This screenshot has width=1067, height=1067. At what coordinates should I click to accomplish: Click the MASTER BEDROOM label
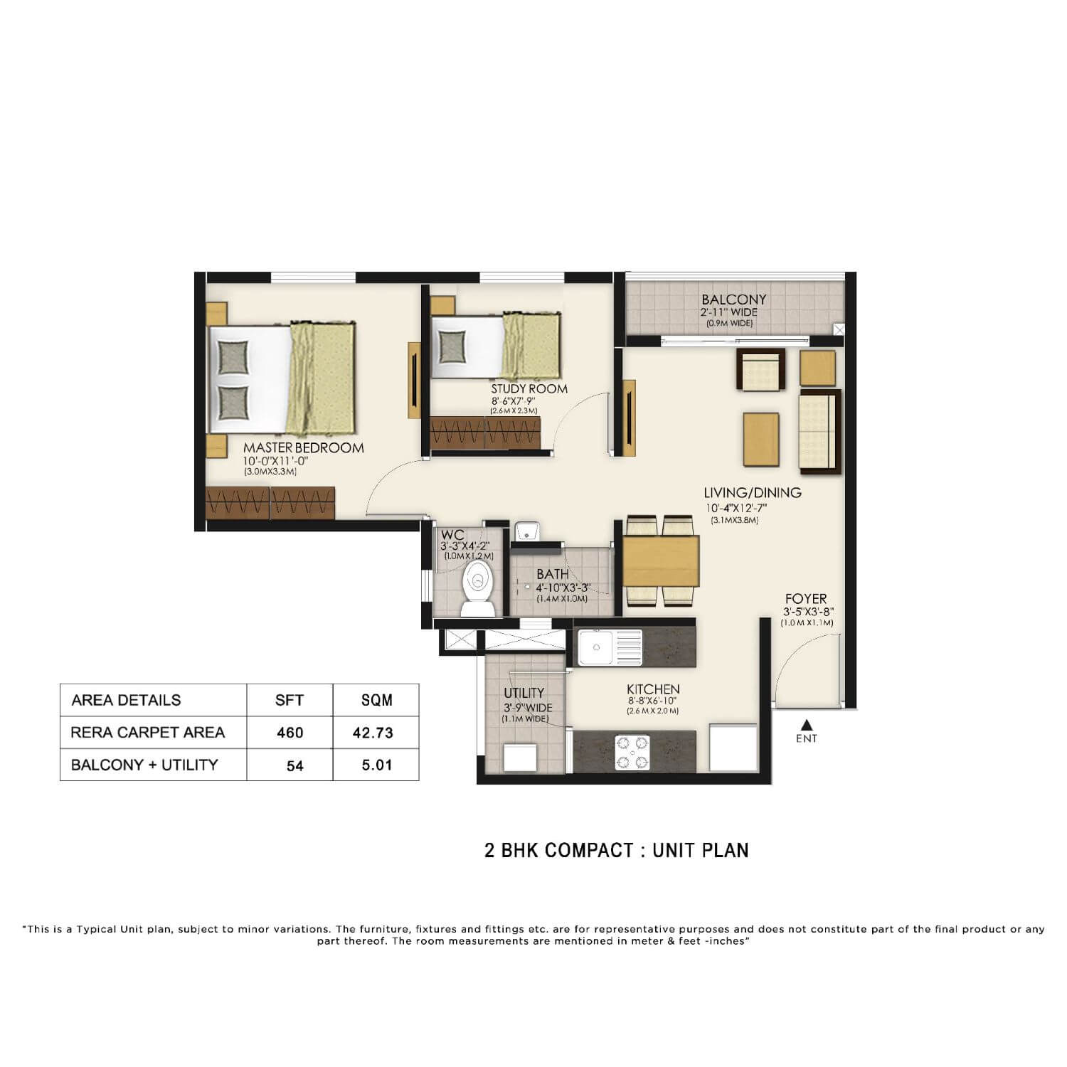(304, 448)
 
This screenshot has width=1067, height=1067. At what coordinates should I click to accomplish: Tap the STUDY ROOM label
(529, 389)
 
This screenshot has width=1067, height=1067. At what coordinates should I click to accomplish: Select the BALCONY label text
(734, 300)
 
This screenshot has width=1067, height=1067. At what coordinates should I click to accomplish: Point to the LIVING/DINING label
(753, 492)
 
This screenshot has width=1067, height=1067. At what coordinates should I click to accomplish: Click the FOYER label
(806, 599)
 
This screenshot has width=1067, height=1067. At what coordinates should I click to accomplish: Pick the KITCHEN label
(653, 689)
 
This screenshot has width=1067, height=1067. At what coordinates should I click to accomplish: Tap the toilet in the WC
(478, 588)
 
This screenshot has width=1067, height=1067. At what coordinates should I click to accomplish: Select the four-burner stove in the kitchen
(632, 753)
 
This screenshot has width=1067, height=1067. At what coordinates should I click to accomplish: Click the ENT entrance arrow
(806, 725)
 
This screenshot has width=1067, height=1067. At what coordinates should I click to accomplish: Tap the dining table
(661, 561)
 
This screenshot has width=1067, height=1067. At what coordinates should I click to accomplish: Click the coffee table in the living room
(761, 439)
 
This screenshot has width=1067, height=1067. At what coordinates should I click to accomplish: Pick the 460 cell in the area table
(290, 733)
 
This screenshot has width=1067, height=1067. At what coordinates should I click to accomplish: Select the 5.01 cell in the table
(376, 765)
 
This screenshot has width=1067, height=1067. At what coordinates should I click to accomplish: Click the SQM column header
(376, 700)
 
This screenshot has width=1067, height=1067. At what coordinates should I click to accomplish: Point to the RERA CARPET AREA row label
(148, 733)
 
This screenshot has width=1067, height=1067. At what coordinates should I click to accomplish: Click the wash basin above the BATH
(526, 531)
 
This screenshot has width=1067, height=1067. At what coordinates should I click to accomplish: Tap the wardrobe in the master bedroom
(270, 503)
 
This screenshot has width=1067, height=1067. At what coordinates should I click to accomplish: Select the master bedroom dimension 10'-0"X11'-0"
(276, 461)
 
